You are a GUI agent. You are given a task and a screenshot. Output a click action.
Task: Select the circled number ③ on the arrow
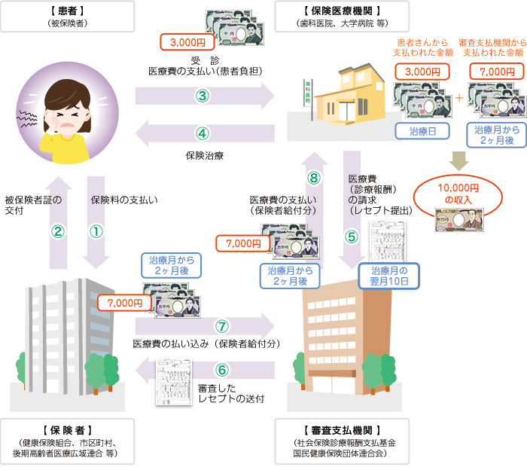point(202,96)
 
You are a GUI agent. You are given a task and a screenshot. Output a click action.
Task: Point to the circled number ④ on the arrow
point(202,133)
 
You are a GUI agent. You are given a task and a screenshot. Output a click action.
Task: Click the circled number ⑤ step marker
point(352,234)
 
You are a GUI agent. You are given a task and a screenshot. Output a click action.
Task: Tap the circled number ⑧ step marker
point(315,178)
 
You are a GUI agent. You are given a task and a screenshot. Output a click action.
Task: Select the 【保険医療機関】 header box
point(343,17)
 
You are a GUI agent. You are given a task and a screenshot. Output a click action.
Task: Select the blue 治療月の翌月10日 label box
point(389,275)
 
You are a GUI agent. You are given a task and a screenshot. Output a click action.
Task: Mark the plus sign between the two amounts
point(458,98)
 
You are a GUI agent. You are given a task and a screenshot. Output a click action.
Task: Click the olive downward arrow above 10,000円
point(458,159)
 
